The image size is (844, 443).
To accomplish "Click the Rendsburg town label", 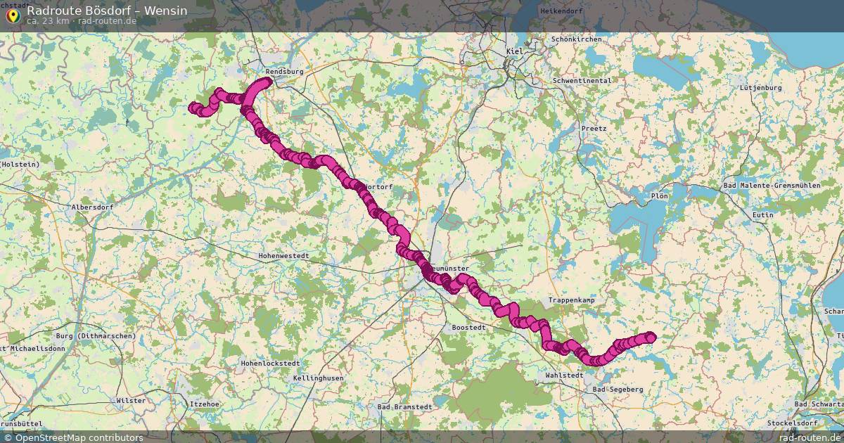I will [284, 72].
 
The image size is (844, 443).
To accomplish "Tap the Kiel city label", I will [515, 51].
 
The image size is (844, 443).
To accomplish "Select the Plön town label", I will [659, 195].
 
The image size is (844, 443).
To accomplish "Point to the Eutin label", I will [762, 214].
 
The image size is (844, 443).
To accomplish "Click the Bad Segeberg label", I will [618, 389].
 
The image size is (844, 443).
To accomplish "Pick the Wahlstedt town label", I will [564, 375].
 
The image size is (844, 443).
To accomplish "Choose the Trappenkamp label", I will [571, 300].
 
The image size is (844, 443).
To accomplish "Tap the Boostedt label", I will [469, 328].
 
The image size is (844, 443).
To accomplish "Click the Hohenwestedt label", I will [284, 255].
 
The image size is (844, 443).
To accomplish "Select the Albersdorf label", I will [92, 207].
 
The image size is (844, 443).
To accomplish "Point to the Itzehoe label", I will [205, 404].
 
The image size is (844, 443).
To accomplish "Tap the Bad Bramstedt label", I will [404, 407].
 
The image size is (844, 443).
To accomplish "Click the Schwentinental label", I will [582, 81].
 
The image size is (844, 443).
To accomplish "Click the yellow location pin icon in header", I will [13, 14].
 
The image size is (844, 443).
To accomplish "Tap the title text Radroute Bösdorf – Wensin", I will [107, 11].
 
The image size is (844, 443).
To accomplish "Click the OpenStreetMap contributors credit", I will [79, 437].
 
